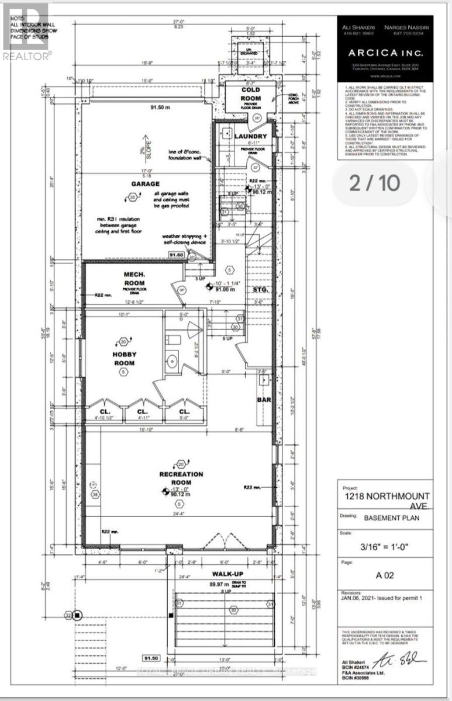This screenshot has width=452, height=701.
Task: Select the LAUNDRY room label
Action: pos(250,137)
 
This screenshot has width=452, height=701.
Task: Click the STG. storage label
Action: pos(260,289)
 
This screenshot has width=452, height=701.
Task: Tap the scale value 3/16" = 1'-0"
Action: pos(387,547)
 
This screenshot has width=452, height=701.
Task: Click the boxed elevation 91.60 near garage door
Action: pos(176,255)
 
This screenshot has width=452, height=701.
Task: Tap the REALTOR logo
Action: pos(26,32)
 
